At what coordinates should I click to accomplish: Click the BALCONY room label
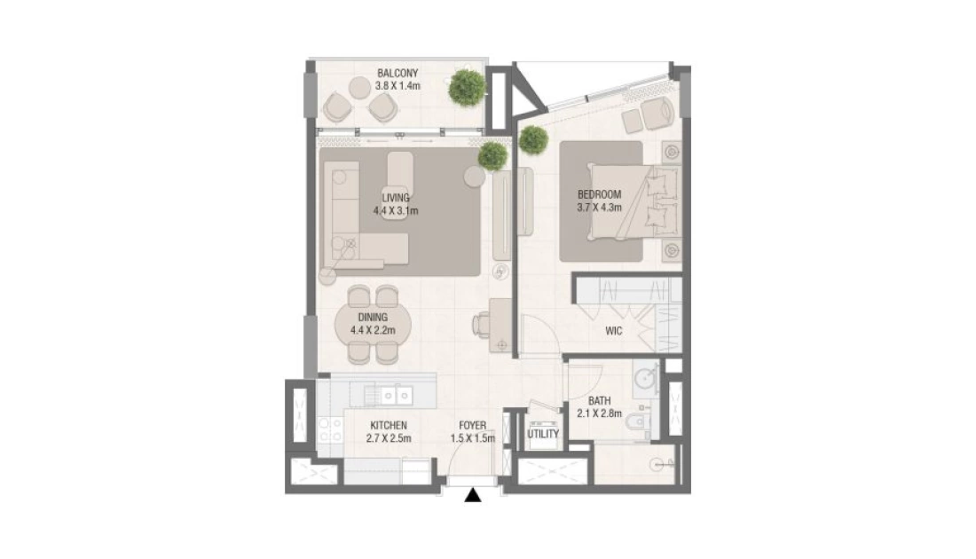pyautogui.click(x=397, y=73)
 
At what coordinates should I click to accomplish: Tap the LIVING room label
pyautogui.click(x=396, y=198)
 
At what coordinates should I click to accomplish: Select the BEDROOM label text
pyautogui.click(x=599, y=194)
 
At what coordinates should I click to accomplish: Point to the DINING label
pyautogui.click(x=373, y=318)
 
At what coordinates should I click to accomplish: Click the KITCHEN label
pyautogui.click(x=389, y=425)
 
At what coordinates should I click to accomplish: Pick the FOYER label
pyautogui.click(x=472, y=425)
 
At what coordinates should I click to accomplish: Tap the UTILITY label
pyautogui.click(x=543, y=433)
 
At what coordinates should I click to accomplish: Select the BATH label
pyautogui.click(x=599, y=401)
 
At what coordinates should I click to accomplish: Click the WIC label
pyautogui.click(x=614, y=331)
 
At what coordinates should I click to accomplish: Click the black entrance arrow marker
pyautogui.click(x=474, y=495)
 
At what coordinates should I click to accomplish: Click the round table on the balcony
pyautogui.click(x=359, y=87)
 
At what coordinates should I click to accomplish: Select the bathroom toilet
pyautogui.click(x=637, y=422)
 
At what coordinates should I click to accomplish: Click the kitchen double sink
pyautogui.click(x=395, y=395)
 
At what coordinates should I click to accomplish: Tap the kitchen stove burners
pyautogui.click(x=329, y=429)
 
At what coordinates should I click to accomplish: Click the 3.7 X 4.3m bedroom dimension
pyautogui.click(x=599, y=208)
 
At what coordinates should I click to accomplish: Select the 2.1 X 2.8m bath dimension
pyautogui.click(x=599, y=413)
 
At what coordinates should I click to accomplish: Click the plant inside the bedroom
pyautogui.click(x=533, y=140)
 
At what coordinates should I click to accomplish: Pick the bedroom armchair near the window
pyautogui.click(x=657, y=113)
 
